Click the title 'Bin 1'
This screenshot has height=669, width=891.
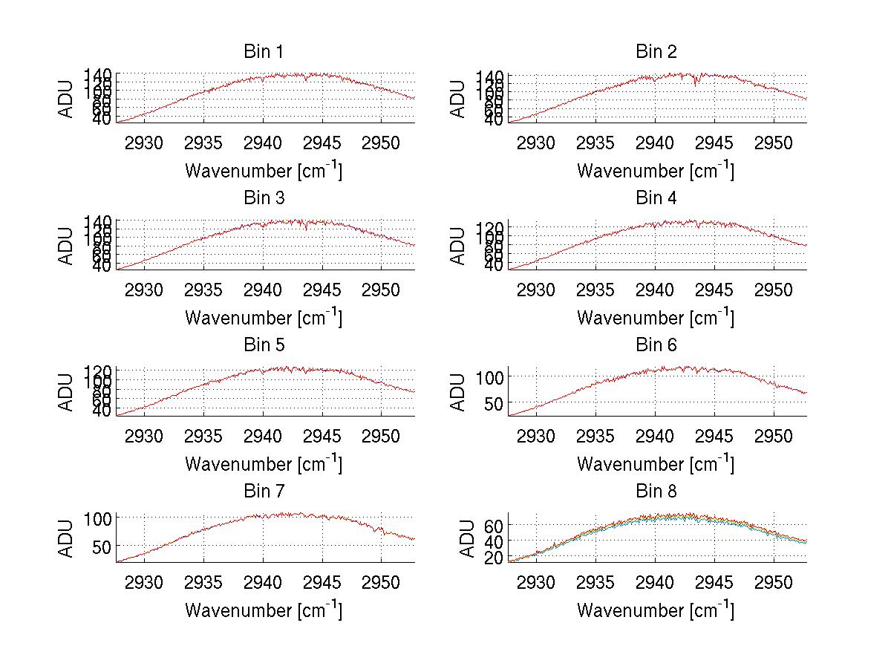[x=263, y=52]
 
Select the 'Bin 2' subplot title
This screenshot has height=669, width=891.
[x=656, y=52]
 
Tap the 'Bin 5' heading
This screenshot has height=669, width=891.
[x=263, y=345]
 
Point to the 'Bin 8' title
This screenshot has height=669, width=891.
[x=656, y=492]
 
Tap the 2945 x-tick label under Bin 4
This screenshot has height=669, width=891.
[x=714, y=289]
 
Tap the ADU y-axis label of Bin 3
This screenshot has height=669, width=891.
[x=67, y=245]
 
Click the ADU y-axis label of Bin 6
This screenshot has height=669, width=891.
[x=459, y=391]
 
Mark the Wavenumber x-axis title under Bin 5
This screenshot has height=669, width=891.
[x=263, y=465]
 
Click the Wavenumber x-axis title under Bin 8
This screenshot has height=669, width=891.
[x=656, y=611]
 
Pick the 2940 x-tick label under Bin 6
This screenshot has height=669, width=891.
[x=655, y=436]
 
